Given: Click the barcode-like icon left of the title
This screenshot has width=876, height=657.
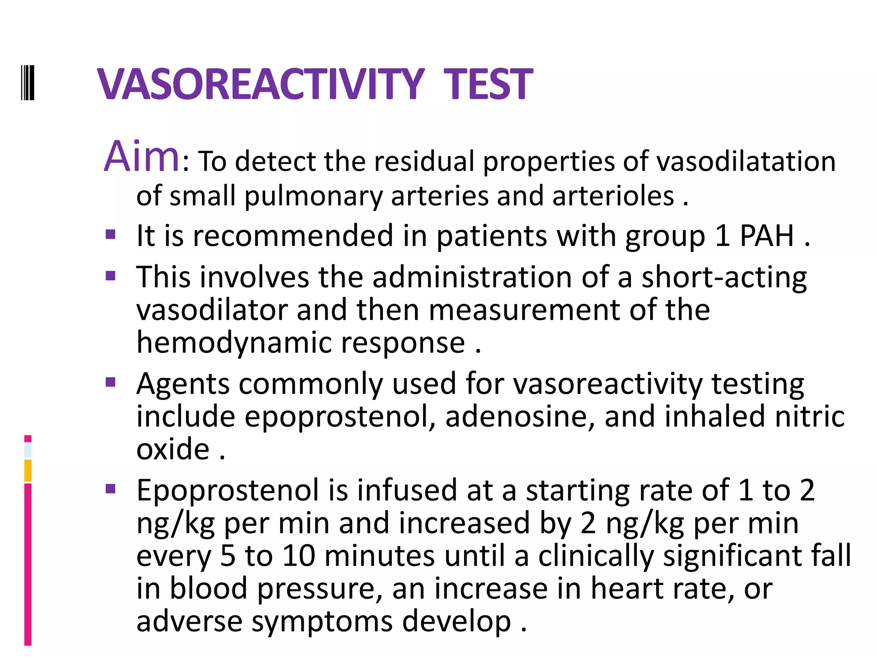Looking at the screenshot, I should coord(28,83).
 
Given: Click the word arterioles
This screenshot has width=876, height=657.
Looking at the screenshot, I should coord(613,196).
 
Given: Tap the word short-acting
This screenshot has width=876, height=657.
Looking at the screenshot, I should coord(724,278).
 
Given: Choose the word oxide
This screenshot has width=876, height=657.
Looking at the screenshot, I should coord(173,449).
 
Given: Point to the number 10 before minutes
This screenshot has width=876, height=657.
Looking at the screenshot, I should coord(299,556).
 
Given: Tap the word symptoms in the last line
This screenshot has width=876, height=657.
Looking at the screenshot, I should coord(322,621).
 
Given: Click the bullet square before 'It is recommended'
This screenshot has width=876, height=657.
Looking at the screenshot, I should coord(111,234).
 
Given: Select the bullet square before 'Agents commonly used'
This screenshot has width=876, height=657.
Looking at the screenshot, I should coord(111,382).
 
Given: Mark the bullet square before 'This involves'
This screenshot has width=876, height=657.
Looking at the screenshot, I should coord(111,275).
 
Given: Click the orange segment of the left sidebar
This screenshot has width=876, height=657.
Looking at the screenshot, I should coord(28,471).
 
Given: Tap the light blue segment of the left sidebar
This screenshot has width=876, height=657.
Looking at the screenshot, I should coord(28,451).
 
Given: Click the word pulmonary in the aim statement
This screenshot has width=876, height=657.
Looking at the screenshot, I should coord(313,196).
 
